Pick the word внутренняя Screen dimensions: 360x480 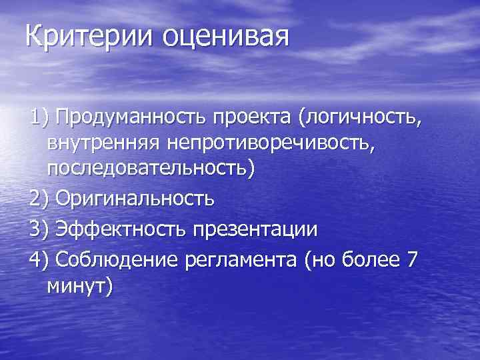click(x=107, y=143)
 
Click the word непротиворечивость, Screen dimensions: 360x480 click(x=281, y=143)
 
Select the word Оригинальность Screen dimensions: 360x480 click(x=135, y=199)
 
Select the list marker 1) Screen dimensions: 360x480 click(x=39, y=119)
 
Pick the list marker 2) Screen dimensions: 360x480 click(x=39, y=199)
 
